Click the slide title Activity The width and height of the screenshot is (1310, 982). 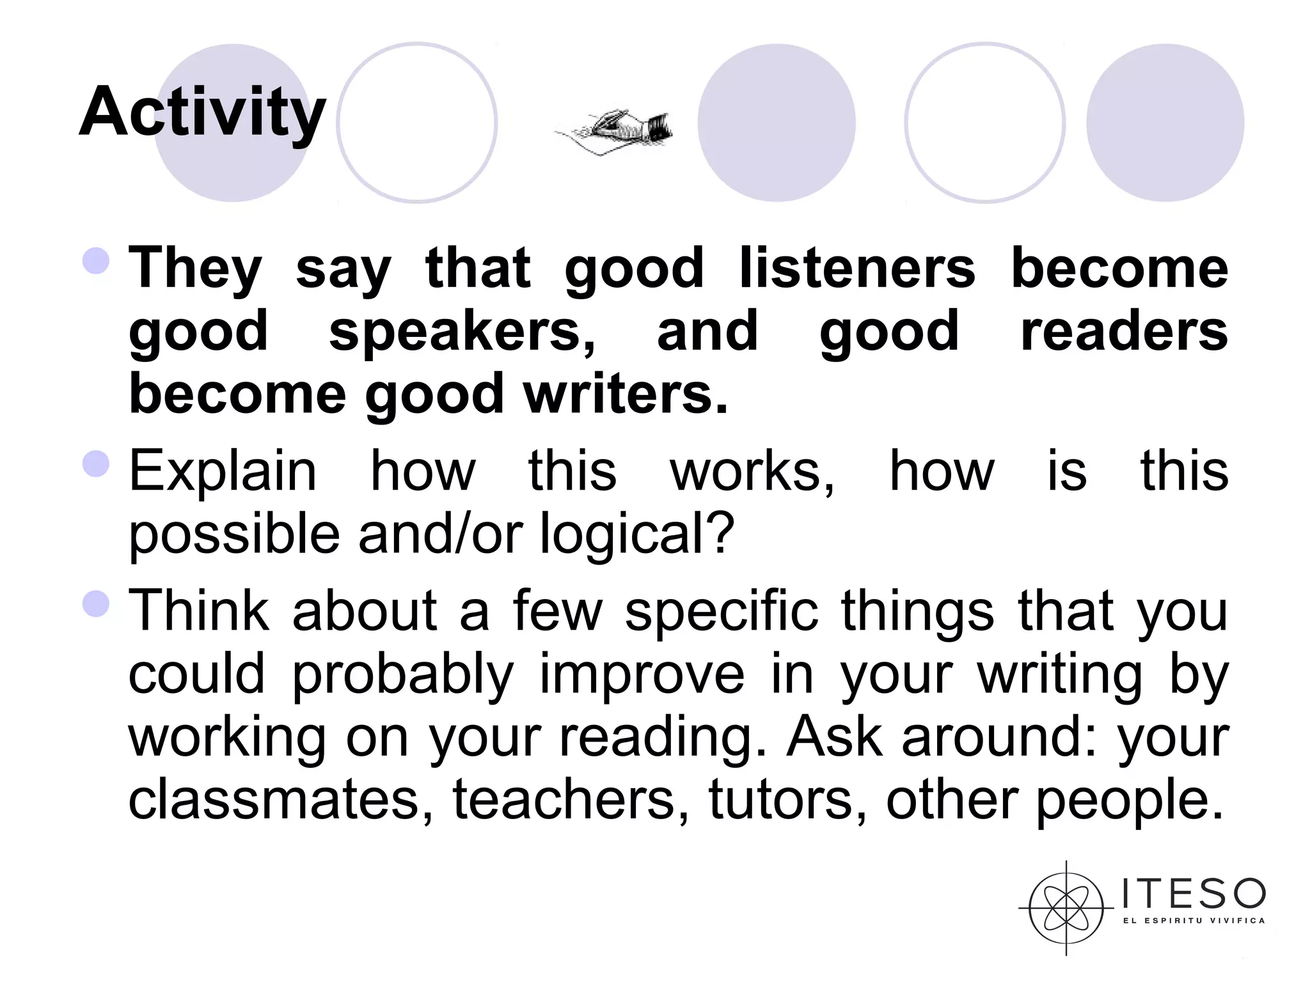click(202, 113)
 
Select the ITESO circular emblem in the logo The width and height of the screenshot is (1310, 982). click(1066, 908)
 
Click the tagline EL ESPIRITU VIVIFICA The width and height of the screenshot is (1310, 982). click(1194, 921)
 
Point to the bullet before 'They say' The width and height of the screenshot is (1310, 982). click(97, 261)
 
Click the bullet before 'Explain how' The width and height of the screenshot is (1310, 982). click(97, 464)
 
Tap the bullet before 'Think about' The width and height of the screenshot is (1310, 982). click(97, 604)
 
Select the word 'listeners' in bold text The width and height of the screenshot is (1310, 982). click(857, 269)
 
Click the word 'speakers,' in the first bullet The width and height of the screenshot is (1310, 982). click(462, 331)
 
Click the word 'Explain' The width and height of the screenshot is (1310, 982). click(223, 472)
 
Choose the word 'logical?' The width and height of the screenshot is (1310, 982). click(637, 534)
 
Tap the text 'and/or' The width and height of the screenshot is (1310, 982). click(440, 534)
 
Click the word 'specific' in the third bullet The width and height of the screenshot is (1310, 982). click(721, 611)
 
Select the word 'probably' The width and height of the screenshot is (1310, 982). click(403, 675)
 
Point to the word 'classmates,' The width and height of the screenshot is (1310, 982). click(280, 799)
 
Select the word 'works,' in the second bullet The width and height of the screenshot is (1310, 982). click(752, 472)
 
